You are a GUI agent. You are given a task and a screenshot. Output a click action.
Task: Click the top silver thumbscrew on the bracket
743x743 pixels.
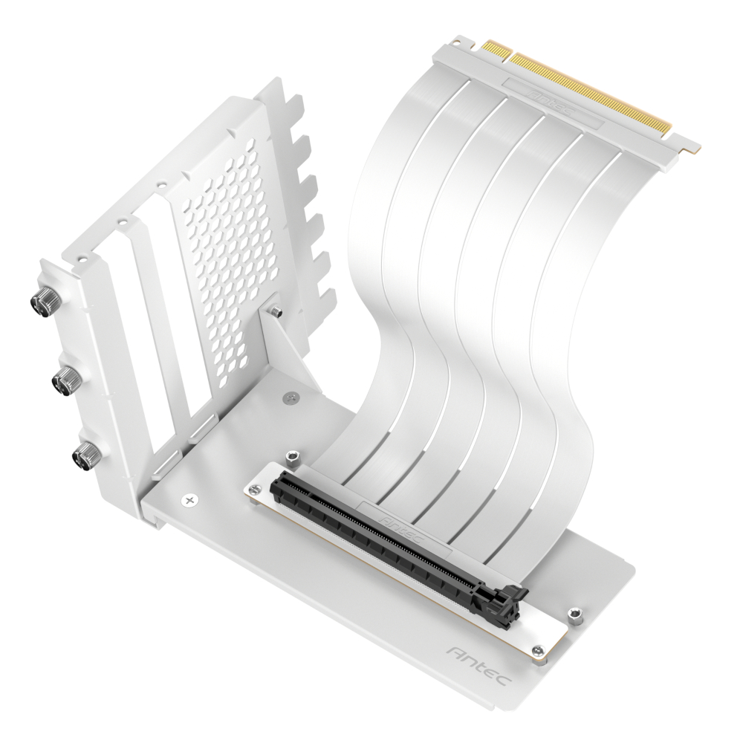click(x=43, y=301)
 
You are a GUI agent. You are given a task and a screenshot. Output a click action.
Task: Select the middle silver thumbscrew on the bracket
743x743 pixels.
click(x=64, y=381)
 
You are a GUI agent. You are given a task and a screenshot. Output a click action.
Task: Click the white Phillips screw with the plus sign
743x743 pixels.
click(x=189, y=502)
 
